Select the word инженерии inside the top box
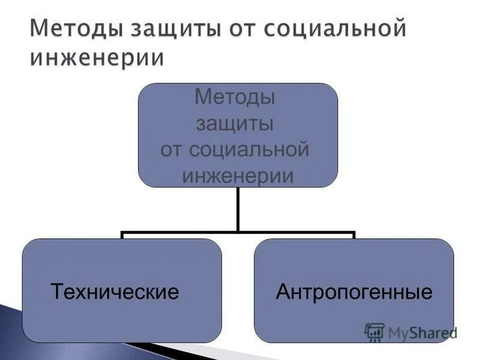coord(238,176)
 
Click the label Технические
coord(115,292)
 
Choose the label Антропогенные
coord(354,292)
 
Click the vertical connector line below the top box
coord(238,208)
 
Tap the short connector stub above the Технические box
coord(122,235)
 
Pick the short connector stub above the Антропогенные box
coord(354,235)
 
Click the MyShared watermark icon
coord(374,332)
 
